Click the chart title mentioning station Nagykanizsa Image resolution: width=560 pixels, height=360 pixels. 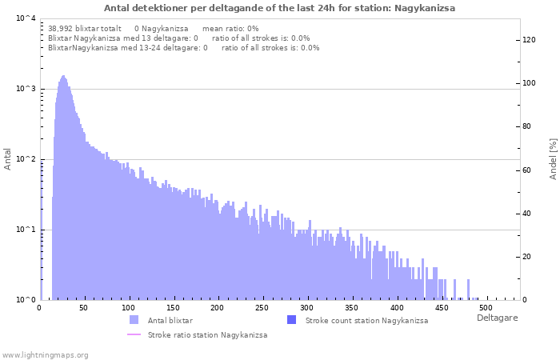pyautogui.click(x=279, y=8)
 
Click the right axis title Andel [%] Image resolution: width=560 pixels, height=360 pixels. pyautogui.click(x=553, y=158)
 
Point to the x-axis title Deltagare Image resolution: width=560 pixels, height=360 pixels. pyautogui.click(x=497, y=318)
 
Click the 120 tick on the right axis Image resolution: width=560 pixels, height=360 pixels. pyautogui.click(x=529, y=40)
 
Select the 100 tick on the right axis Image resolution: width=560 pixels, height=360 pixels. pyautogui.click(x=529, y=83)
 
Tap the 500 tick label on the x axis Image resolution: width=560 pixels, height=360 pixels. pyautogui.click(x=484, y=308)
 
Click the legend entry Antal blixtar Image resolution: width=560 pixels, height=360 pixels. pyautogui.click(x=170, y=320)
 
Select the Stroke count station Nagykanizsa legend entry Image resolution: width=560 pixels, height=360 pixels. pyautogui.click(x=366, y=320)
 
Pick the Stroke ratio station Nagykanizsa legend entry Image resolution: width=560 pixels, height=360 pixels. pyautogui.click(x=207, y=335)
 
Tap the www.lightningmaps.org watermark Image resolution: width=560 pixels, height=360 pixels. pyautogui.click(x=45, y=354)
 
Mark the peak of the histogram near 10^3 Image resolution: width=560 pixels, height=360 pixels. pyautogui.click(x=63, y=77)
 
